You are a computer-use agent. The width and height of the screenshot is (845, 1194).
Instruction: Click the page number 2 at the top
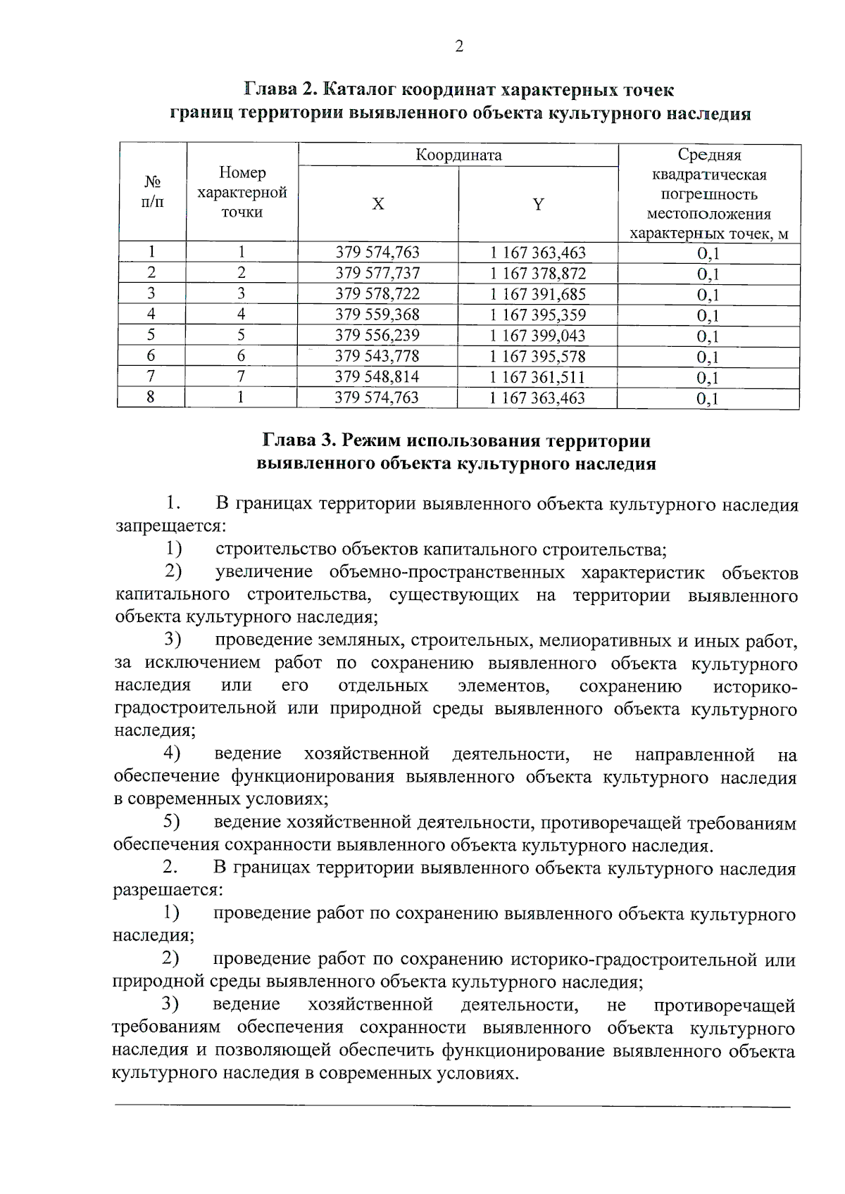tap(459, 47)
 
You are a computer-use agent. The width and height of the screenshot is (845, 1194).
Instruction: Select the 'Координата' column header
tap(458, 155)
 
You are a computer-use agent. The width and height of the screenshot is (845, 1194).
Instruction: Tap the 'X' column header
tap(378, 205)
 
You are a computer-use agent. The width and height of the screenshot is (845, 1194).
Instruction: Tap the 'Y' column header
tap(538, 205)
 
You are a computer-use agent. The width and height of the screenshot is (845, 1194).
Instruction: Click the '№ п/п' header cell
tap(152, 193)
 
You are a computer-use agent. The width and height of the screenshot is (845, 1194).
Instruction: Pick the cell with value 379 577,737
tap(377, 273)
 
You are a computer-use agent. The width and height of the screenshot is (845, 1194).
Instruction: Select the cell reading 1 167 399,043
tap(538, 336)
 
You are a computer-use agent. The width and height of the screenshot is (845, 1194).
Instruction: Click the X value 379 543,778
tap(377, 356)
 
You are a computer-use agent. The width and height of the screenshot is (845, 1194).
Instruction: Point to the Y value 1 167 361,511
tap(538, 377)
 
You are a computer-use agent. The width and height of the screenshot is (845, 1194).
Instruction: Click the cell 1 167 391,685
tap(538, 294)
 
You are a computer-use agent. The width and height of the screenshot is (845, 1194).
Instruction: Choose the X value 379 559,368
tap(377, 315)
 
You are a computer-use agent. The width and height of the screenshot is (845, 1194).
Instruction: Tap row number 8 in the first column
tap(151, 398)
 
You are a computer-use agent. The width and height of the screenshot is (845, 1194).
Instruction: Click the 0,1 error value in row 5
tap(708, 336)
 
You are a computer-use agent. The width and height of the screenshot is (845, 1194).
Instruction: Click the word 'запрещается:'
tap(170, 526)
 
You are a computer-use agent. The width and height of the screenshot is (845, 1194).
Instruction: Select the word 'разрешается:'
tap(168, 890)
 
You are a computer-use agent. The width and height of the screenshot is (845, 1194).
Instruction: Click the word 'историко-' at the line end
tap(755, 686)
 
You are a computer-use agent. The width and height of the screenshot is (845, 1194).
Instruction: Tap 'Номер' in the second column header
tap(242, 172)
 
